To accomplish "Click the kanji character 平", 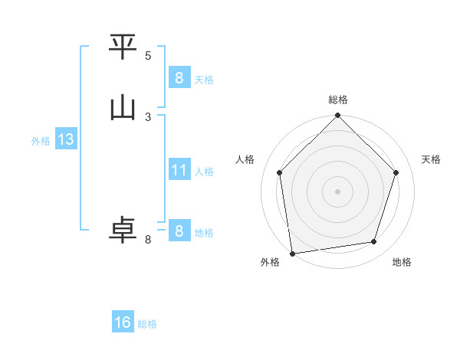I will [123, 47].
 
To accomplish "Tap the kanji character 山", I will [123, 108].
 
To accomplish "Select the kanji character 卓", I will [123, 231].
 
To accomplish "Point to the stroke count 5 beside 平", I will [148, 55].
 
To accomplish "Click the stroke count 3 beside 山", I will [148, 116].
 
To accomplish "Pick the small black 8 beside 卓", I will [148, 240].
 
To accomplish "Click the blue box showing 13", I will [65, 139].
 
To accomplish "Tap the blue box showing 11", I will [179, 170].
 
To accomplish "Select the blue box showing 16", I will [123, 322].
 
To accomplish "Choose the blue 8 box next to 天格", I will [179, 78].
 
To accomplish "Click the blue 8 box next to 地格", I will [179, 231].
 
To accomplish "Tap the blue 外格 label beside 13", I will [41, 141].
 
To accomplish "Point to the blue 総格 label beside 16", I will [147, 324].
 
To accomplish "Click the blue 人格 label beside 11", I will [204, 172].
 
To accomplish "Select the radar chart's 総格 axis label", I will [338, 100].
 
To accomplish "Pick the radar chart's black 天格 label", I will [432, 159].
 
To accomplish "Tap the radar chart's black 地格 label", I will [402, 262].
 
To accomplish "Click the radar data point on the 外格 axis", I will [292, 253].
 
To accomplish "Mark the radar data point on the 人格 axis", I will [280, 172].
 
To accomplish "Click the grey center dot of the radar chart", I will [338, 191].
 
